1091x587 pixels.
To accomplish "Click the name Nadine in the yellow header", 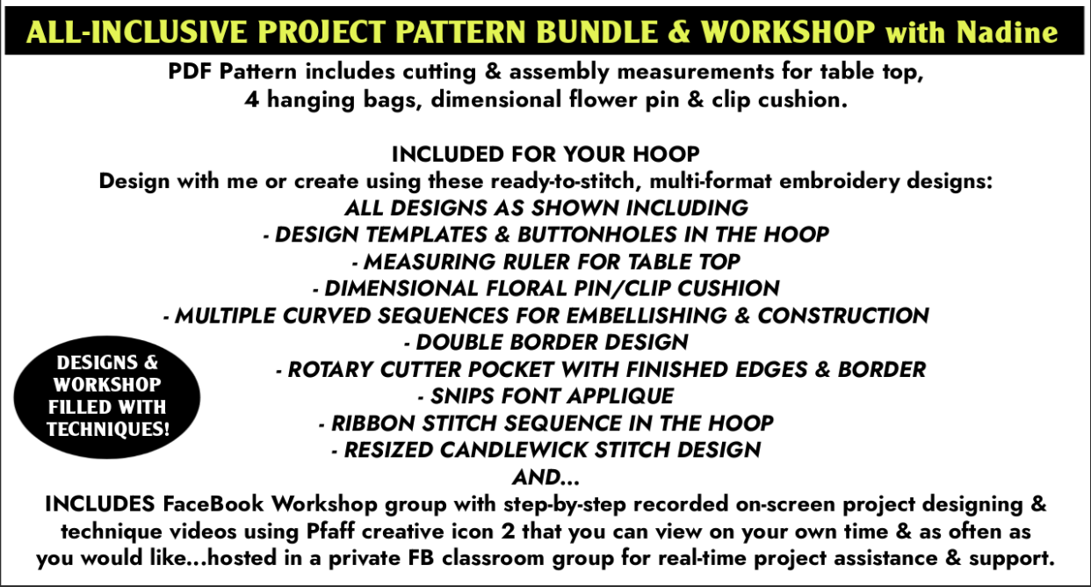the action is coord(1007,33).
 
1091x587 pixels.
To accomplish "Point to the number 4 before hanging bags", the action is coord(251,100).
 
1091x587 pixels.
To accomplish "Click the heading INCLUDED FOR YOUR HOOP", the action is coord(545,155).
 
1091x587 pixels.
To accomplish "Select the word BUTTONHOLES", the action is coord(597,235).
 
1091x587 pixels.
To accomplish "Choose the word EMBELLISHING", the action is coord(647,315).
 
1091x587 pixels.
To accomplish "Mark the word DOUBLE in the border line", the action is coord(459,343).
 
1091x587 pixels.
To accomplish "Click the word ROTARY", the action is coord(330,369).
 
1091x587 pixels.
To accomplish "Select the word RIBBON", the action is coord(372,424).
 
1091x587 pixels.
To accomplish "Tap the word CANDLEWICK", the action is coord(513,450).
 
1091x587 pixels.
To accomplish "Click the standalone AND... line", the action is coord(545,477).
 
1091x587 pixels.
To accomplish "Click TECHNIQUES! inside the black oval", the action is coord(108,429).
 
